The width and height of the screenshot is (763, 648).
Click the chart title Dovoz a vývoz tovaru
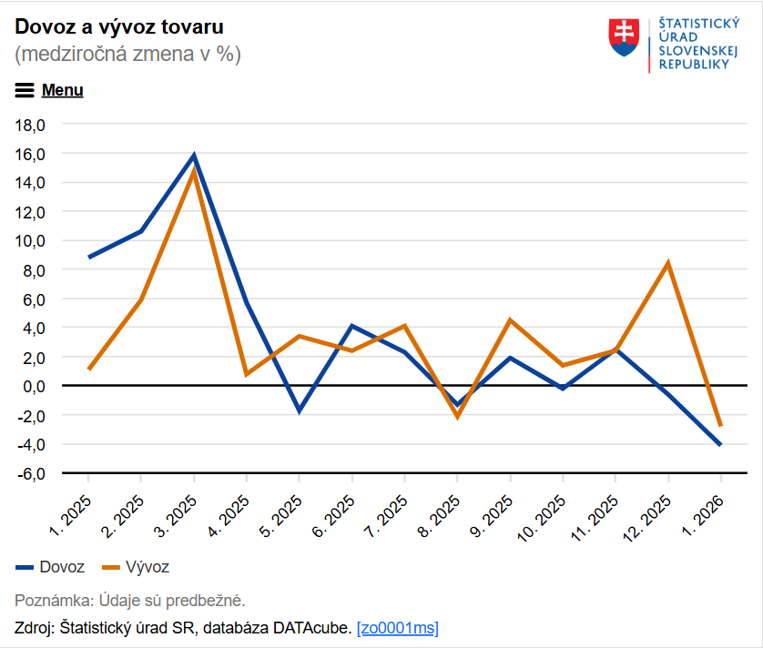119,26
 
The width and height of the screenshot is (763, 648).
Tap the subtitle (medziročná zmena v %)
127,55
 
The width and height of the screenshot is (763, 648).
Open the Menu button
49,90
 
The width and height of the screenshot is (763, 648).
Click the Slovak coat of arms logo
624,38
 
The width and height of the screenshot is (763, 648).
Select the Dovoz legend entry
50,567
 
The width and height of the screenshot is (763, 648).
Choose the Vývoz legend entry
136,567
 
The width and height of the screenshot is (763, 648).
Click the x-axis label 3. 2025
178,515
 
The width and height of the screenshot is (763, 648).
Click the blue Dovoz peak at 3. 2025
194,156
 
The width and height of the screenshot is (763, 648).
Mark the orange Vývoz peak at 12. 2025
668,263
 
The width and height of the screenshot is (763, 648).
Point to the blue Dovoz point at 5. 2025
299,411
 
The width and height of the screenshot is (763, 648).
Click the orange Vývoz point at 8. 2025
457,417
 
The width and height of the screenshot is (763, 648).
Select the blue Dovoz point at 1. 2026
721,444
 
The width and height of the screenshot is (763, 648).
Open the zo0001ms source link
398,628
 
